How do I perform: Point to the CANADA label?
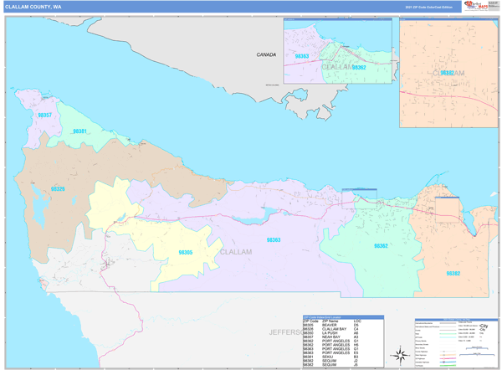(266, 54)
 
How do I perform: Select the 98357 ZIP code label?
(45, 115)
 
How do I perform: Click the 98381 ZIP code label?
(79, 131)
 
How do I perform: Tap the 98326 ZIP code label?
(58, 189)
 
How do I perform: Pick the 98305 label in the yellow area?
(185, 252)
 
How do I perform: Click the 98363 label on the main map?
(273, 240)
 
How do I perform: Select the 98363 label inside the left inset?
(302, 56)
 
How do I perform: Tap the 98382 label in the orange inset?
(447, 74)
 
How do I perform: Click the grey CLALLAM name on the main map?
(235, 251)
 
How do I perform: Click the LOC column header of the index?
(356, 321)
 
